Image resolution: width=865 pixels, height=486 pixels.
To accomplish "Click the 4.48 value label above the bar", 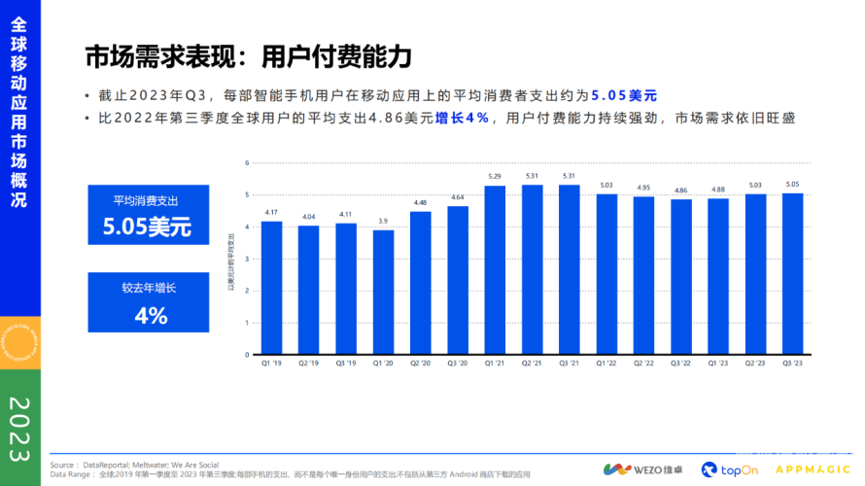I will [x=421, y=203].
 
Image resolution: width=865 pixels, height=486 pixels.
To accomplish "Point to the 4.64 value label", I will [x=458, y=197].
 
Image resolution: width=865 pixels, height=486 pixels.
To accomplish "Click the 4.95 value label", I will [x=644, y=188].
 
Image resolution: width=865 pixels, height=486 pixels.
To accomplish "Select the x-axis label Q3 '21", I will [x=570, y=363].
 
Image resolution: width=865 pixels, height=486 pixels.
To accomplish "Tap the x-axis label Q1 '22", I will [x=607, y=363].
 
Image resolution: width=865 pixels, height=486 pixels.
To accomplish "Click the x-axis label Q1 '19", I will [x=271, y=363].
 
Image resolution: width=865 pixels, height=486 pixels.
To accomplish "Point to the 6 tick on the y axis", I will [x=247, y=162].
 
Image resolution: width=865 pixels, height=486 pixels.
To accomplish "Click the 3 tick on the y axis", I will [x=247, y=259].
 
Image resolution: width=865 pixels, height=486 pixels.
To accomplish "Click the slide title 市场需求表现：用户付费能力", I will [x=248, y=57].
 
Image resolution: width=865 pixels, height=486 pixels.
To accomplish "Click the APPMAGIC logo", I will [x=812, y=469].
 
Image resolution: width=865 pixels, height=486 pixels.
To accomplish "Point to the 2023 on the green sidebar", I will [x=19, y=428].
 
